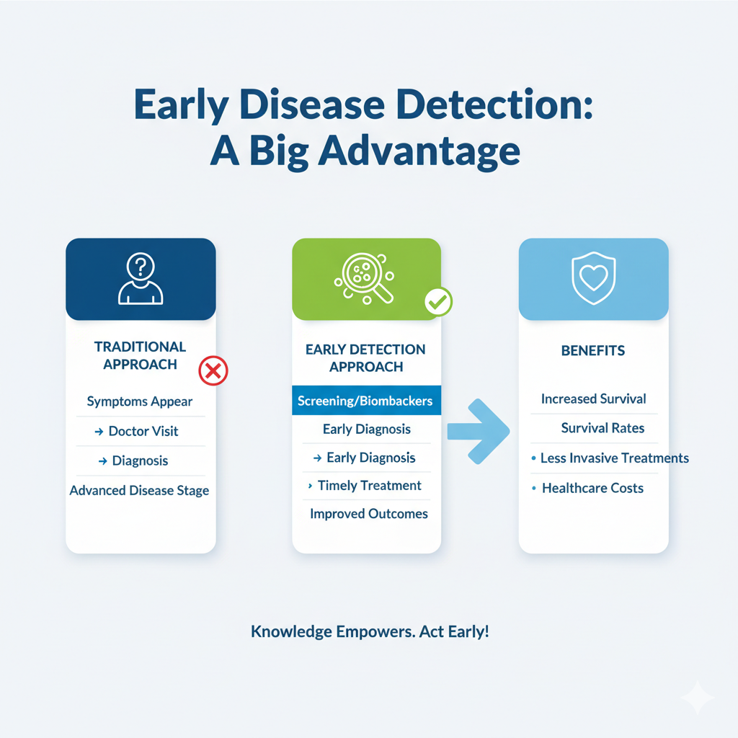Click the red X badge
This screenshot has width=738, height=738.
click(x=213, y=372)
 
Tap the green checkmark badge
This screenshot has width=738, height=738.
click(x=437, y=302)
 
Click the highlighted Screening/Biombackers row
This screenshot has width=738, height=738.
click(x=365, y=400)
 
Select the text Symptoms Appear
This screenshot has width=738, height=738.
click(x=140, y=401)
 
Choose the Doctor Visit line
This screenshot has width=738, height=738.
click(x=143, y=431)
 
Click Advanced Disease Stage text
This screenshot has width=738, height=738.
click(x=140, y=491)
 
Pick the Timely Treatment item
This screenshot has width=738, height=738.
click(x=369, y=486)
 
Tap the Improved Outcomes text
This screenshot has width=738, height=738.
click(x=369, y=514)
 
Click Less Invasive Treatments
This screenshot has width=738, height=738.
click(x=614, y=458)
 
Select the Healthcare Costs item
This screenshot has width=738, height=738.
click(x=592, y=488)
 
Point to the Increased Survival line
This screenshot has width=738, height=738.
click(x=593, y=399)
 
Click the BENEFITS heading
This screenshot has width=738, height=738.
click(x=593, y=351)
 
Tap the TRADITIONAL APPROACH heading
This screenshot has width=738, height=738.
click(x=140, y=355)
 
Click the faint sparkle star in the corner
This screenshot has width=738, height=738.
click(x=697, y=698)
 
